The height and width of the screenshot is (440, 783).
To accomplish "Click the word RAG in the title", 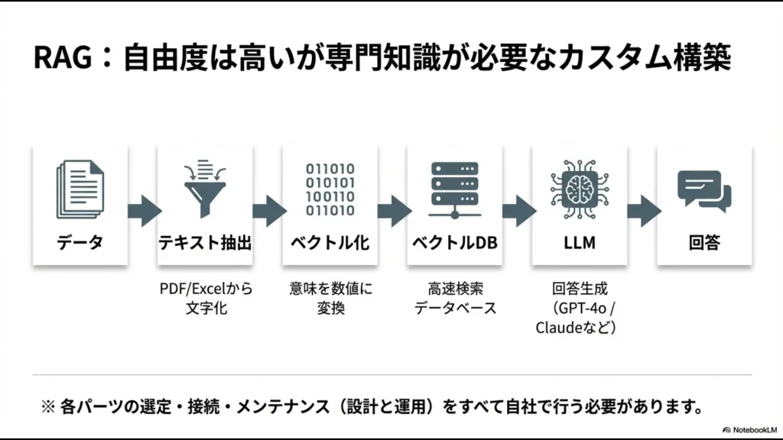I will [63, 58].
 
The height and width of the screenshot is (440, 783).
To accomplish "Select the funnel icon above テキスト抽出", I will [204, 186].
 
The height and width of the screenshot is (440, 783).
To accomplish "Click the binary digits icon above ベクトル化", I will [330, 189].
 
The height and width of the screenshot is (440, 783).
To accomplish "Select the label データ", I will [80, 243].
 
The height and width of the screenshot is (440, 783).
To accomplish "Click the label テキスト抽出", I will [204, 243].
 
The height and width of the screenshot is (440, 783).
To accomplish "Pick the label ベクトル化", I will [330, 243].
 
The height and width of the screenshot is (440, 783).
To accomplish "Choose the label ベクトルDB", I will [454, 243].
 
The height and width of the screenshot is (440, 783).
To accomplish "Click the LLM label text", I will [579, 243].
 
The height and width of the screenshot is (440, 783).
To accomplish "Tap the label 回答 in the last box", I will [704, 243].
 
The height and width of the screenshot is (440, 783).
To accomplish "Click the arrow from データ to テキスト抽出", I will [143, 210].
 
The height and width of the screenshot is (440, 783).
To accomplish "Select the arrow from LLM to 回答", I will [643, 210].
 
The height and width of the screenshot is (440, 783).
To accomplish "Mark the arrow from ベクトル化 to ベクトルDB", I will [393, 210].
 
